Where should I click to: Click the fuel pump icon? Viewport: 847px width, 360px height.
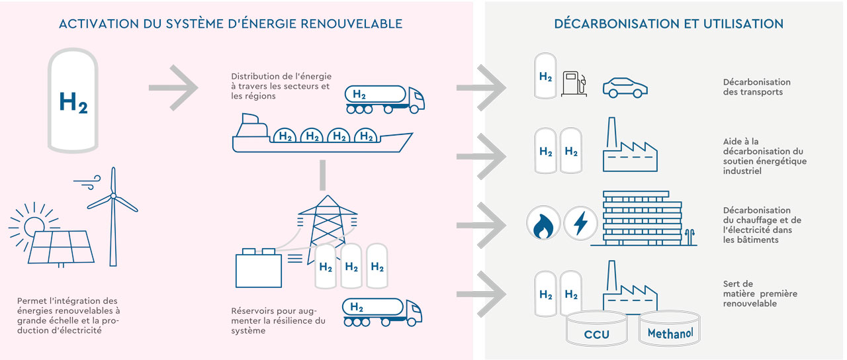572,84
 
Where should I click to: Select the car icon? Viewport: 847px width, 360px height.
625,87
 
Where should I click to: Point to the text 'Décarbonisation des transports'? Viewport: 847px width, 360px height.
756,87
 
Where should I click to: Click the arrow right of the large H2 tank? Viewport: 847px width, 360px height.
173,87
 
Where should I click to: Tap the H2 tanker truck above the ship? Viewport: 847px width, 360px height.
384,97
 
